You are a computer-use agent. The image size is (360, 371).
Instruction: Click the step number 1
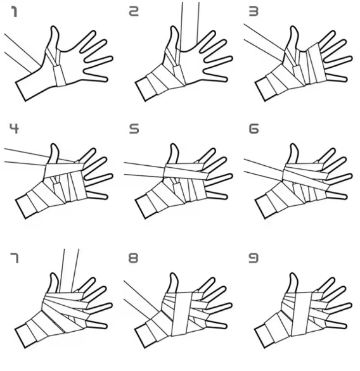pos(15,12)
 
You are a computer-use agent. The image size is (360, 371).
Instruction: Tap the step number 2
pos(134,11)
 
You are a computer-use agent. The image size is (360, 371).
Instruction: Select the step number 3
pos(254,11)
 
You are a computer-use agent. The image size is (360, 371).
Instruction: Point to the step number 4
pos(14,129)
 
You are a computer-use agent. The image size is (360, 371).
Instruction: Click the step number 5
pos(134,129)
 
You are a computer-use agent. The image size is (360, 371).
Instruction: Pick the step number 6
pos(254,129)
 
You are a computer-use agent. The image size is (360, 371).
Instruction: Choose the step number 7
pos(15,258)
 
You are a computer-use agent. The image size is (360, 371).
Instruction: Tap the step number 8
pos(133,258)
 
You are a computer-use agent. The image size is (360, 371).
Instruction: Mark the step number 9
pos(254,258)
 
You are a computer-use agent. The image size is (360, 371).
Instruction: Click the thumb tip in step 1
pos(55,27)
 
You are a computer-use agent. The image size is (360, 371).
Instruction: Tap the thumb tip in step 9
pos(293,274)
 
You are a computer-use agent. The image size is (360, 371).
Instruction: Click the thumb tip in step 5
pos(174,144)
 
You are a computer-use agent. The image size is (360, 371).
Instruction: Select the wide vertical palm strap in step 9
pos(302,314)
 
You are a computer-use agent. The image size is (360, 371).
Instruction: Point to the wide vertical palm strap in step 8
pos(182,314)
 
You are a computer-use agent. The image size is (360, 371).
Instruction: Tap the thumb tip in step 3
pos(293,27)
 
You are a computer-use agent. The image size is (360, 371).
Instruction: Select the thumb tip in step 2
pos(174,27)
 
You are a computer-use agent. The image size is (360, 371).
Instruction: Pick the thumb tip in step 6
pos(293,144)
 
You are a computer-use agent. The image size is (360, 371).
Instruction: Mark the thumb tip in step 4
pos(55,144)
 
